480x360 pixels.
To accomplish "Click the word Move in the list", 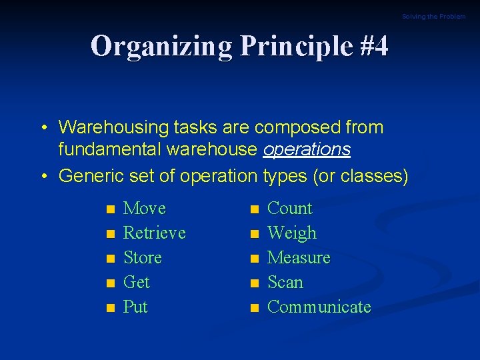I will (x=145, y=209).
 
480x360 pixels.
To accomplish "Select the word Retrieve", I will (x=155, y=233).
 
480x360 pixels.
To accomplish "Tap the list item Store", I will (x=143, y=258).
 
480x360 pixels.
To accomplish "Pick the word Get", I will (x=137, y=283).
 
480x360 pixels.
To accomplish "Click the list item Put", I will (x=136, y=307).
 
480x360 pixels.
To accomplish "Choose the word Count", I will (x=289, y=209).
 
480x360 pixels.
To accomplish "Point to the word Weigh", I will (x=292, y=233).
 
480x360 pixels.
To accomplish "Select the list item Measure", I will (x=299, y=258).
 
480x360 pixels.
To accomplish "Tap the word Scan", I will (x=285, y=283).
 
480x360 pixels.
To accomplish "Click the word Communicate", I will (x=319, y=307).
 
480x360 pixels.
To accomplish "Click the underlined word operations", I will (x=307, y=150).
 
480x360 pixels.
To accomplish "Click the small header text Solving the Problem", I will (x=433, y=17).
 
